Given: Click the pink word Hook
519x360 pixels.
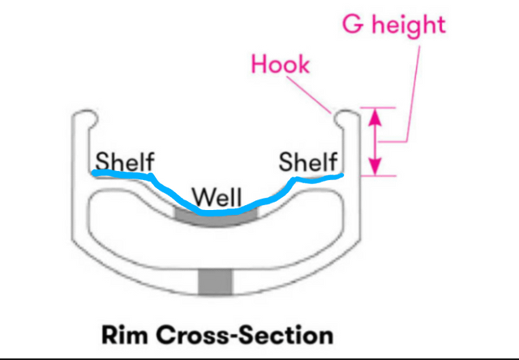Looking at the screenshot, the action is pyautogui.click(x=281, y=65).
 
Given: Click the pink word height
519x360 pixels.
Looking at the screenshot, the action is pyautogui.click(x=409, y=25).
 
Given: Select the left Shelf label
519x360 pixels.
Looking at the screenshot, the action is pyautogui.click(x=125, y=161).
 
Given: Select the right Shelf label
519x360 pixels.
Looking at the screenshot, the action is pyautogui.click(x=308, y=161).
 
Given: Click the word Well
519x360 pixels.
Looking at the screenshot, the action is pyautogui.click(x=217, y=197).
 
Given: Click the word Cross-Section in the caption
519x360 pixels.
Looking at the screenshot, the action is pyautogui.click(x=245, y=335).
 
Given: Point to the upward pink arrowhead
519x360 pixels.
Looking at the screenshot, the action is pyautogui.click(x=375, y=117).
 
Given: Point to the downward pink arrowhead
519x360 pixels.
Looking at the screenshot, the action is pyautogui.click(x=375, y=166).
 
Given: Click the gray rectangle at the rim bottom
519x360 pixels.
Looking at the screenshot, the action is pyautogui.click(x=216, y=283).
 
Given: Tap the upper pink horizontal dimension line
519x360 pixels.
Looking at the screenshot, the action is pyautogui.click(x=378, y=108).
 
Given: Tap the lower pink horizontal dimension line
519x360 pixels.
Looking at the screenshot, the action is pyautogui.click(x=378, y=176).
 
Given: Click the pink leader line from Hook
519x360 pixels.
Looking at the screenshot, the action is pyautogui.click(x=308, y=95).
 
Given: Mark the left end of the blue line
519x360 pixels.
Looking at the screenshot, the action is pyautogui.click(x=94, y=173).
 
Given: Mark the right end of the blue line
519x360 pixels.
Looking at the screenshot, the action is pyautogui.click(x=342, y=174).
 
